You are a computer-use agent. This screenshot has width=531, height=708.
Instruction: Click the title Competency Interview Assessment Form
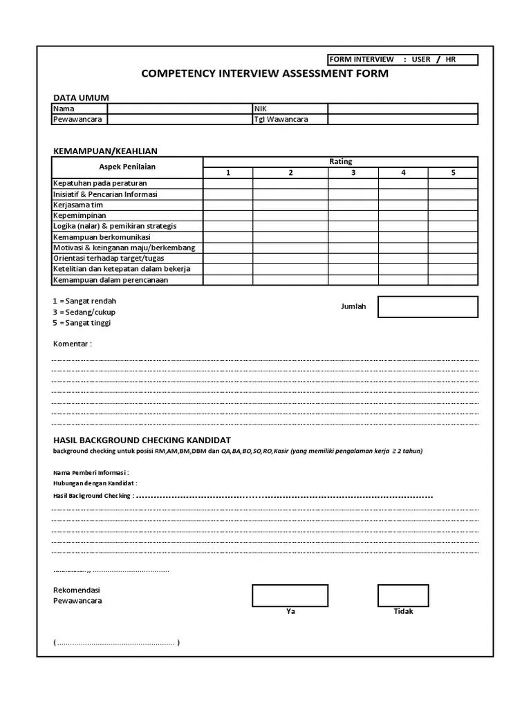tap(265, 73)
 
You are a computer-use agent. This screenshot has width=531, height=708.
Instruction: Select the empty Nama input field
tap(180, 109)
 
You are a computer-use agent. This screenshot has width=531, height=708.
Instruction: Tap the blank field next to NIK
tap(402, 109)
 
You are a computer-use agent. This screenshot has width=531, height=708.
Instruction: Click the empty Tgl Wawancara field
tap(402, 120)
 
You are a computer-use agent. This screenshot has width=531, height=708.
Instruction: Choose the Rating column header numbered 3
tap(353, 173)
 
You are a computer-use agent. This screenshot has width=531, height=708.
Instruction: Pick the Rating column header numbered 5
tap(453, 173)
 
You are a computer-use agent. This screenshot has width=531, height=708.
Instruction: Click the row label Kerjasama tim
tap(78, 205)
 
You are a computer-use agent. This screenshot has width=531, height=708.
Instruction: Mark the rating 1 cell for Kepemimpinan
tap(227, 216)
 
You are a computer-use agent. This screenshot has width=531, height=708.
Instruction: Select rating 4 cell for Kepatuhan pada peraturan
tap(403, 184)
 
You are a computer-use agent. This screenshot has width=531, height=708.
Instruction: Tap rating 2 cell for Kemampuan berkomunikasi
tap(290, 237)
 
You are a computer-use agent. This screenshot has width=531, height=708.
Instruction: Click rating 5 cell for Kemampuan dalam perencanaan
tap(453, 280)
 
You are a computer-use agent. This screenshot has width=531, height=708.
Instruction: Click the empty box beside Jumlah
tap(427, 307)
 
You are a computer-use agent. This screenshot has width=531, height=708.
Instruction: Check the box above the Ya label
tap(290, 595)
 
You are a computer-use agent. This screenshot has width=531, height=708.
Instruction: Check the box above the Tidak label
tap(402, 595)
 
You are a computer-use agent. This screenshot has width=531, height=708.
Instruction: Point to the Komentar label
tap(72, 344)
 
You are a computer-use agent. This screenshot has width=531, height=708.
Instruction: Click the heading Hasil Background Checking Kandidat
tap(142, 440)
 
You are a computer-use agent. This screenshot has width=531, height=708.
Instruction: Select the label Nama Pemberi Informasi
tap(91, 472)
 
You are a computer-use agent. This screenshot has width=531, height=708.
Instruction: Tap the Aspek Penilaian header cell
tap(127, 167)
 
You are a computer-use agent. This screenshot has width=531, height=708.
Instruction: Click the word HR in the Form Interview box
tap(451, 59)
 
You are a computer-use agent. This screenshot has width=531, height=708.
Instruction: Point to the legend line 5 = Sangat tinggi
tap(82, 323)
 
